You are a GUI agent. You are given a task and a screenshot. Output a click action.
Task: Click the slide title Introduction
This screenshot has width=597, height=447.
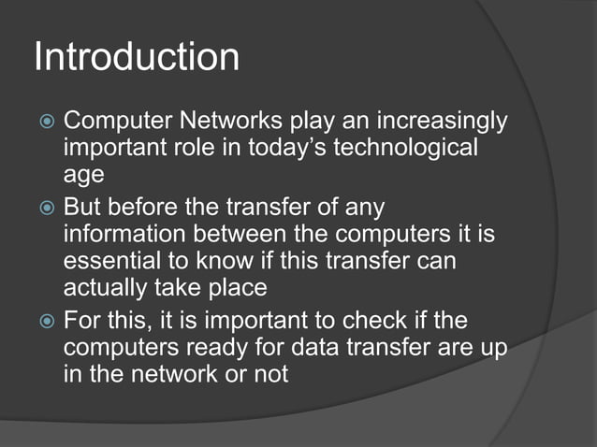(x=137, y=57)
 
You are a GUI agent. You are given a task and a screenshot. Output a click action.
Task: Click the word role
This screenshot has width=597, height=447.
(x=185, y=149)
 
